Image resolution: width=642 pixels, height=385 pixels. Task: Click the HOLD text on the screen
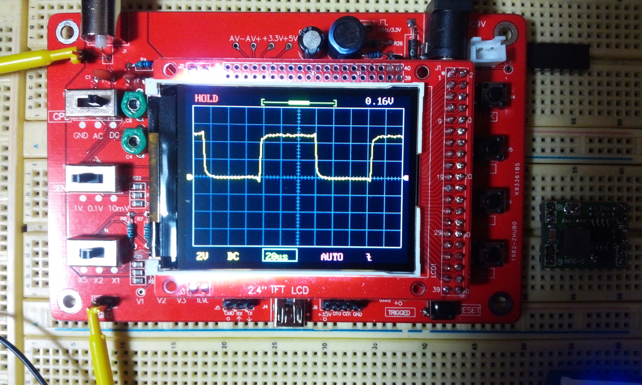coord(206,99)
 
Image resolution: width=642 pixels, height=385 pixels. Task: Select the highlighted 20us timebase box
coord(279,256)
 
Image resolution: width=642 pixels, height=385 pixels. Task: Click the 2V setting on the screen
coord(202,256)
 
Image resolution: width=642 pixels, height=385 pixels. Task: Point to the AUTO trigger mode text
coord(331,257)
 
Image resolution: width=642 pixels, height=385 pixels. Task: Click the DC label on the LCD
coord(233,256)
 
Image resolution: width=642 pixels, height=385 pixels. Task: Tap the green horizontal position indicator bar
coord(299,103)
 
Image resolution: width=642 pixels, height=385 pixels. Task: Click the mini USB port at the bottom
coord(289,316)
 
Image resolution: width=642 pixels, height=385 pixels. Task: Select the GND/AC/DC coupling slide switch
coord(92,103)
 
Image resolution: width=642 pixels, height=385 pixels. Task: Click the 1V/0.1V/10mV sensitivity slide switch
coord(92,178)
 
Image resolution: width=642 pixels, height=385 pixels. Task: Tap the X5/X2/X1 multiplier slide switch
coord(93,253)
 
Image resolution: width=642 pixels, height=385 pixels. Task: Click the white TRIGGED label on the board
coord(399,312)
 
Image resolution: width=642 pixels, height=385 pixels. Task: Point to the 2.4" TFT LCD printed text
coord(278,290)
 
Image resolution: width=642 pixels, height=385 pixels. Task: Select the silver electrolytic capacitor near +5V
coord(313,40)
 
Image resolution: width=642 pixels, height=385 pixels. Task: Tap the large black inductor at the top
coord(347,35)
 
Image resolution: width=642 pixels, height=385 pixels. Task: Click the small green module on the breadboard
coord(584,235)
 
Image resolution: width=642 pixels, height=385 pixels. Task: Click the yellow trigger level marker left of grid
coord(189,177)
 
